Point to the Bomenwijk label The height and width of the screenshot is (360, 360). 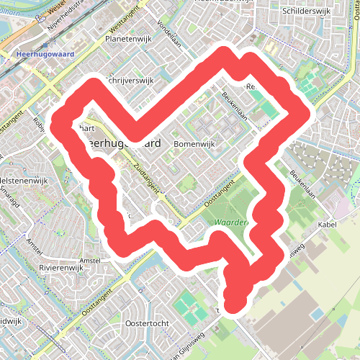click(x=195, y=144)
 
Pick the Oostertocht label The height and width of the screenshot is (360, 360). click(x=146, y=323)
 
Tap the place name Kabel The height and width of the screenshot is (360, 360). click(x=328, y=225)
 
